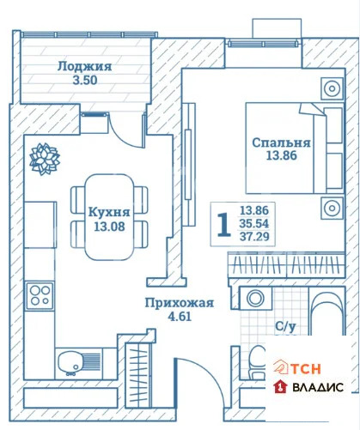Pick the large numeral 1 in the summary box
(x=223, y=223)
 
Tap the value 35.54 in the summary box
(x=256, y=222)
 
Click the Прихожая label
(x=178, y=302)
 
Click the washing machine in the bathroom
(x=255, y=299)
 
